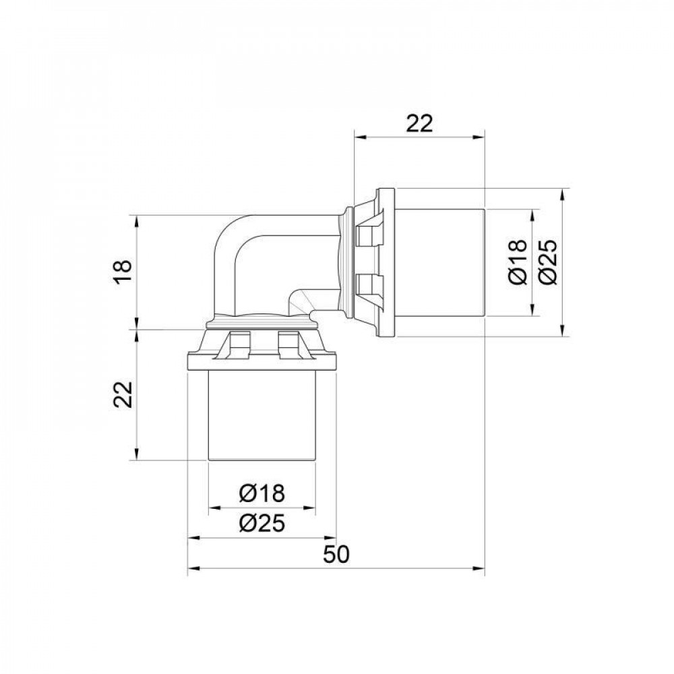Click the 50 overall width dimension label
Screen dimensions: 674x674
(336, 555)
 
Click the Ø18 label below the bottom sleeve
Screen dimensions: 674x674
(262, 493)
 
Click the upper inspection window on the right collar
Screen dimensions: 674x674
(367, 235)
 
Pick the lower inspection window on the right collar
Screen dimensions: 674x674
(367, 287)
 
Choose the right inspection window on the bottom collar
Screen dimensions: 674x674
(288, 344)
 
